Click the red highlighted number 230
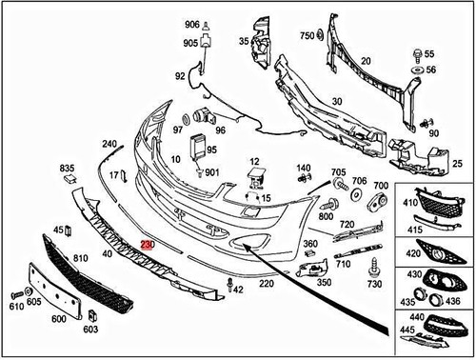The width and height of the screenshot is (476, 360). (x=147, y=245)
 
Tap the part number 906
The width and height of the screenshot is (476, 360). (x=192, y=24)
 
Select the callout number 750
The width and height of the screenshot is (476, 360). (x=307, y=36)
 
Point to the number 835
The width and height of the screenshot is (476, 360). (x=67, y=168)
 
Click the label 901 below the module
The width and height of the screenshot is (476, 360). (x=211, y=172)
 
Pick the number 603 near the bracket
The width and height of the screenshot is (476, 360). (x=90, y=330)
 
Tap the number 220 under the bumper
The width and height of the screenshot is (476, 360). (x=266, y=284)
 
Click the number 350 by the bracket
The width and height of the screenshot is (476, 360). (x=324, y=283)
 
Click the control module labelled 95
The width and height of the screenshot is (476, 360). (x=199, y=148)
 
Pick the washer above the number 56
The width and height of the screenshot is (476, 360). (x=417, y=71)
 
